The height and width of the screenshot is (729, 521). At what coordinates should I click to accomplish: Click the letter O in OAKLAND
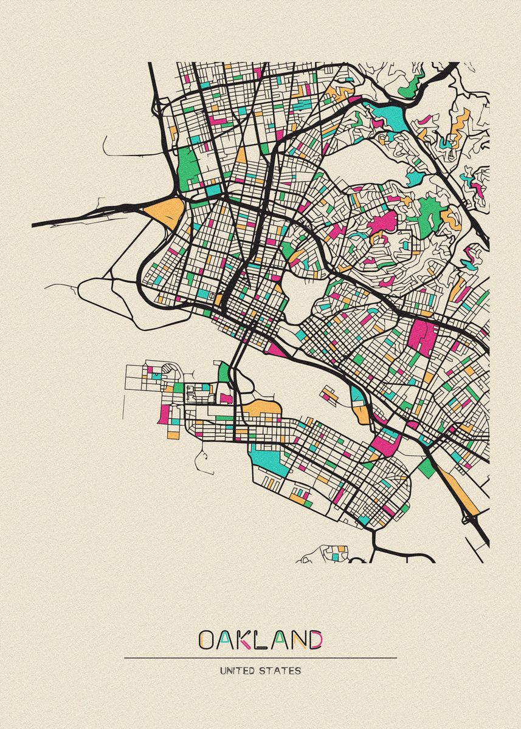(x=206, y=640)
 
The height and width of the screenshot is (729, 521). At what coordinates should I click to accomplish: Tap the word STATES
(x=280, y=671)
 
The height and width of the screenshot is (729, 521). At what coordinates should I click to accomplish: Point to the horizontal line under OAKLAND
(x=260, y=658)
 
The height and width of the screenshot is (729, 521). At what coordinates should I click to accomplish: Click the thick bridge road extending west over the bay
(x=85, y=215)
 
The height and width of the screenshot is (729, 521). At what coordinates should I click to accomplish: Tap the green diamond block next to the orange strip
(x=427, y=467)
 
